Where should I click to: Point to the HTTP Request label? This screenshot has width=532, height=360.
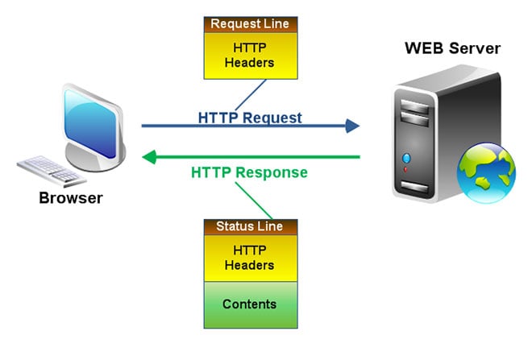(250, 118)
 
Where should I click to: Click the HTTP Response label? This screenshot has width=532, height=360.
(249, 172)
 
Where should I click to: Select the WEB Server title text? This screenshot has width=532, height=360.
(452, 48)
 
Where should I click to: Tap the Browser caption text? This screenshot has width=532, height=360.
(71, 197)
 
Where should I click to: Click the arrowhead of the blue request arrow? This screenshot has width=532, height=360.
(352, 126)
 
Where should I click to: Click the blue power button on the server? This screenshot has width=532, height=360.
(405, 158)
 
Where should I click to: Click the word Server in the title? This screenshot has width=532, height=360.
(476, 48)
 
